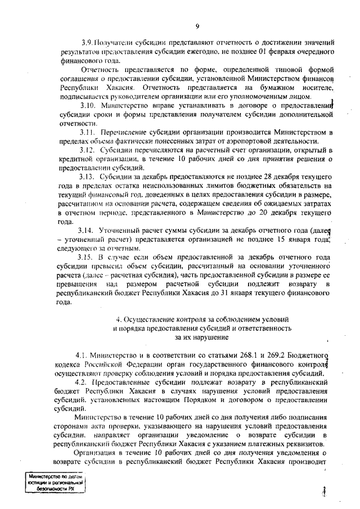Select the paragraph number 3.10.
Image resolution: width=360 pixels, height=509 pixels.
point(89,105)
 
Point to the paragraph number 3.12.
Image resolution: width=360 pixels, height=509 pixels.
point(89,150)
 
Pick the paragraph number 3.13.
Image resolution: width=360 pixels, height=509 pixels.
point(89,177)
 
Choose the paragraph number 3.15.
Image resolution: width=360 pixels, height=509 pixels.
point(89,258)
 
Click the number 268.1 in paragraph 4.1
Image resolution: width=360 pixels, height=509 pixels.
point(237,355)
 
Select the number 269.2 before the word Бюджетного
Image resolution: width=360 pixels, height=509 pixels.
point(269,355)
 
